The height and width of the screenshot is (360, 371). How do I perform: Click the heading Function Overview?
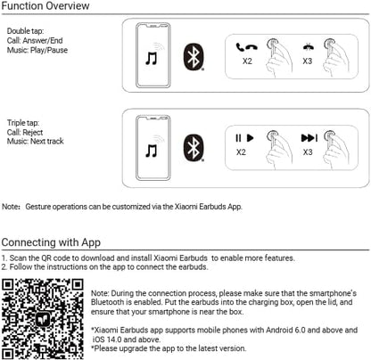pos(45,6)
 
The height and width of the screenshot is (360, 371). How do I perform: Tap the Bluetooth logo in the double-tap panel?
pos(194,57)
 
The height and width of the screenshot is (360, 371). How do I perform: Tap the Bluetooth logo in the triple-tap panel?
pos(194,148)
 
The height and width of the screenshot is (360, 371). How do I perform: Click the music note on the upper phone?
pos(152,58)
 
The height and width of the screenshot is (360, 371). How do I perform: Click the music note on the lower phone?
pos(152,151)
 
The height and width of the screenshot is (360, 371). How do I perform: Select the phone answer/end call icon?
pos(246,47)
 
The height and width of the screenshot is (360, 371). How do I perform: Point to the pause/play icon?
pos(244,138)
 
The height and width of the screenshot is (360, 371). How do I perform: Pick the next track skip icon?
pos(309,138)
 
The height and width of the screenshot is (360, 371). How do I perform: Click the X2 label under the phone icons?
pos(247,61)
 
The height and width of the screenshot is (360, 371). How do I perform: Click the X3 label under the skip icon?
pos(308,152)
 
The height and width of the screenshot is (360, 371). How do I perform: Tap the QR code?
pos(43,319)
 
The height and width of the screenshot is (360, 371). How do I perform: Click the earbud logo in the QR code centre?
pos(43,320)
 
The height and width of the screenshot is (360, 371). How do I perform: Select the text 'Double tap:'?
pos(25,31)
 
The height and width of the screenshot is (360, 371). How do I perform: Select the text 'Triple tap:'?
pos(23,123)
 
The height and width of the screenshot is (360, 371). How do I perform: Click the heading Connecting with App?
pos(51,242)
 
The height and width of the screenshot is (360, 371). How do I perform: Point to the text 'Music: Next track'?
pos(36,141)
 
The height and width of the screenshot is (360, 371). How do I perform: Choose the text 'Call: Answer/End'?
pos(35,40)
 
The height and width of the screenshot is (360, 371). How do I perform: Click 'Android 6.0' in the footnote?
pos(285,330)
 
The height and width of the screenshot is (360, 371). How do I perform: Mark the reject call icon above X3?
pos(308,47)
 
